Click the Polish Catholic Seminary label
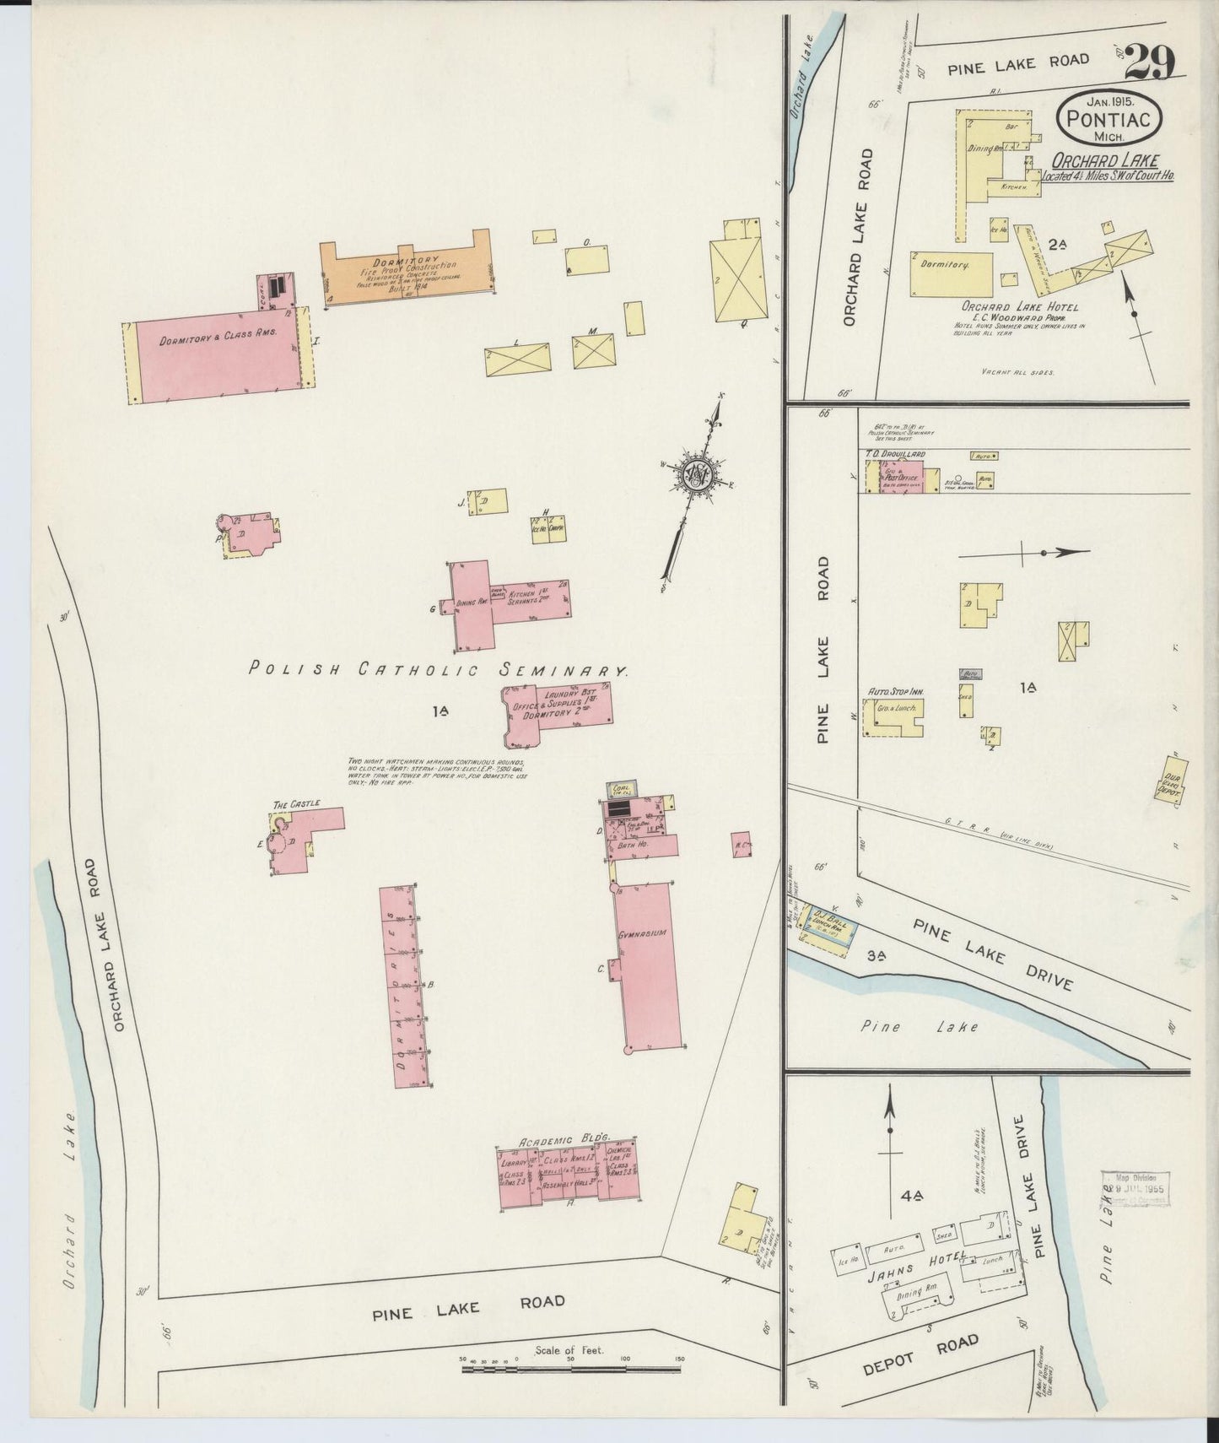point(439,669)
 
